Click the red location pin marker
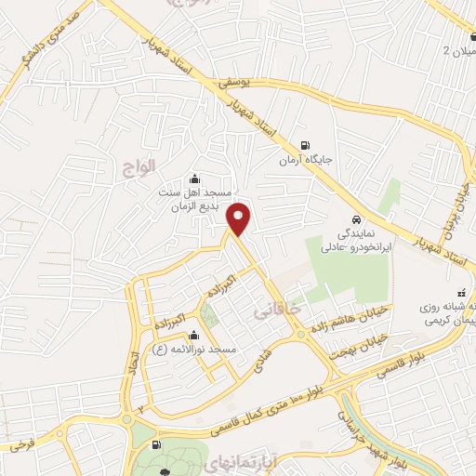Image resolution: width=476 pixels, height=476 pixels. [240, 218]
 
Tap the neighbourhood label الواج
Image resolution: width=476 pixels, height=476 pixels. [138, 167]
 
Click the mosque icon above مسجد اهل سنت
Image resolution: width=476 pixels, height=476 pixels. [193, 178]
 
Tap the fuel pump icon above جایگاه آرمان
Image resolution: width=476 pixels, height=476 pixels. [306, 145]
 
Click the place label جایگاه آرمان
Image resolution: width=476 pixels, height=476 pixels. [306, 161]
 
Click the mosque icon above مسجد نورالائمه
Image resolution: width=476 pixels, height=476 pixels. [192, 336]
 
